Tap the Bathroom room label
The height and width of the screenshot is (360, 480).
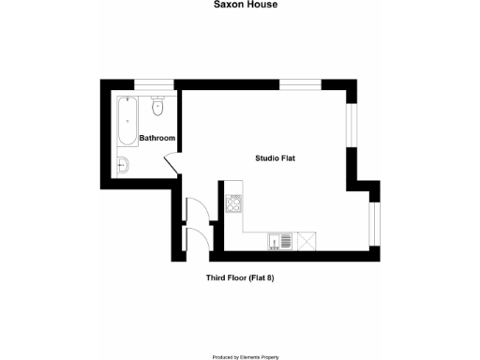pyautogui.click(x=157, y=139)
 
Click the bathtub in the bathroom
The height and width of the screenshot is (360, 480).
pyautogui.click(x=127, y=122)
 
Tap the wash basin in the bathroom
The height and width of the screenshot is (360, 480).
pyautogui.click(x=123, y=167)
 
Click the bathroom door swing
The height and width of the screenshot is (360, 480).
pyautogui.click(x=172, y=161)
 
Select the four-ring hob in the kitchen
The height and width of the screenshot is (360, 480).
pyautogui.click(x=233, y=202)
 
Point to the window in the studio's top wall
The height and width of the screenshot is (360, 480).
pyautogui.click(x=301, y=84)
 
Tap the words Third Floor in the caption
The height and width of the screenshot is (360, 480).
pyautogui.click(x=226, y=278)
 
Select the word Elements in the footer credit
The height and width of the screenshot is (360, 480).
pyautogui.click(x=254, y=356)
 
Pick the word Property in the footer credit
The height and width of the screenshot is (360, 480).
pyautogui.click(x=279, y=356)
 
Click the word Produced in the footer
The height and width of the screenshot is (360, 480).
pyautogui.click(x=225, y=356)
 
